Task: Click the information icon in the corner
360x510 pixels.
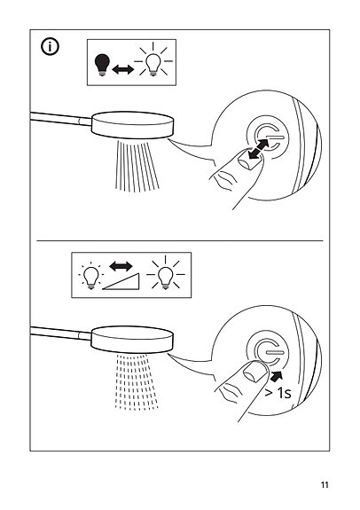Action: [50, 47]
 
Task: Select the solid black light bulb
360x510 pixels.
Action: [102, 65]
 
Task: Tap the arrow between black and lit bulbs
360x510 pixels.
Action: [122, 69]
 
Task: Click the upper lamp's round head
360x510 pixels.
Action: [132, 125]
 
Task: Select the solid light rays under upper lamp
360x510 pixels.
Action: [137, 165]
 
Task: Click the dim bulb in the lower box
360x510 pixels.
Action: [90, 276]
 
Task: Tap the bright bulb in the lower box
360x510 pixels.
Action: [165, 273]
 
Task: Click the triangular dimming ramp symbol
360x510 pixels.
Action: [121, 281]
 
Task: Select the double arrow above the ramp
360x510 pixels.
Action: [121, 266]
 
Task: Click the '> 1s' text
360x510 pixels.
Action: [278, 393]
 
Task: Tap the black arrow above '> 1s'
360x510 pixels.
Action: [277, 376]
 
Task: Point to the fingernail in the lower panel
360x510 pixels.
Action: [255, 371]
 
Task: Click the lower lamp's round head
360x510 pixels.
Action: [131, 339]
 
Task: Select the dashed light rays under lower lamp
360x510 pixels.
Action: [137, 381]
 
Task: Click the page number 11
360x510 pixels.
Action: [325, 485]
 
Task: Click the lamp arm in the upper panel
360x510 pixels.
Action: [61, 118]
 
